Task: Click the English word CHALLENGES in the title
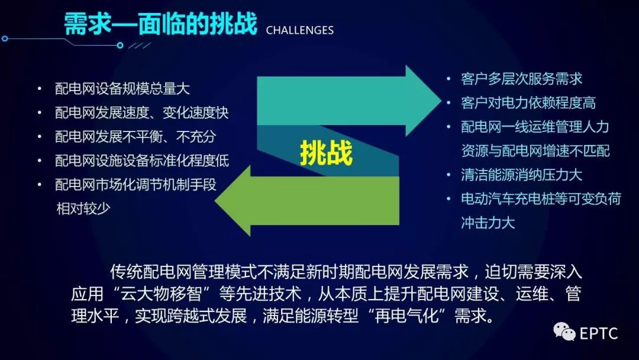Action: pos(299,30)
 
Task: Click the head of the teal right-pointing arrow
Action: pos(424,101)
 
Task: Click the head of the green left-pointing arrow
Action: pos(233,201)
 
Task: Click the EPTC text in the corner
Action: pos(598,333)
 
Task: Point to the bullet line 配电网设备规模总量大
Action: pos(122,88)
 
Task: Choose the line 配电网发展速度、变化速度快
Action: pos(142,112)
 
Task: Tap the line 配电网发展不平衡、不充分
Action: pos(135,137)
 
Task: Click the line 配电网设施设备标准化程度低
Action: pos(142,160)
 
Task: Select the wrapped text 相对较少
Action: pos(83,208)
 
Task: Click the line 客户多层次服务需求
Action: pos(522,79)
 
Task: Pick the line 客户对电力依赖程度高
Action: pos(528,103)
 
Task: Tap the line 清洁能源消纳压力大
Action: pos(522,175)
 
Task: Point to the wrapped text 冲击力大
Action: pos(488,223)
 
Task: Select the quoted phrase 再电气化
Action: pos(406,316)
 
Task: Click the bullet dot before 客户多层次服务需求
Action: pos(448,79)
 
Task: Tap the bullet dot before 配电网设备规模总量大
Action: pos(40,88)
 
